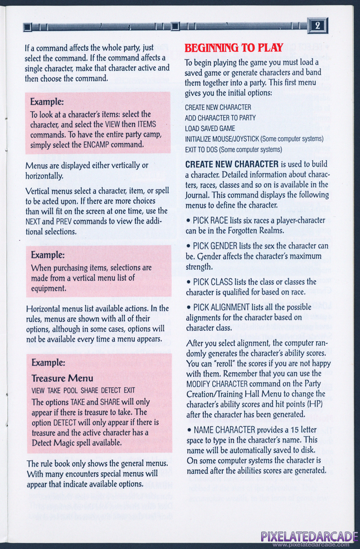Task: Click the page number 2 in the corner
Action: (319, 25)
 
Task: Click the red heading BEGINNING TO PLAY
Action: (234, 48)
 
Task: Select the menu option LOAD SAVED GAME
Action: (210, 128)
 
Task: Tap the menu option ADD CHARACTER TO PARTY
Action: (220, 118)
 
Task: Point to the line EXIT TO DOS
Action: (202, 149)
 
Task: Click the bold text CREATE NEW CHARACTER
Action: (232, 164)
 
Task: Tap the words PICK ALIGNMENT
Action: (223, 307)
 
